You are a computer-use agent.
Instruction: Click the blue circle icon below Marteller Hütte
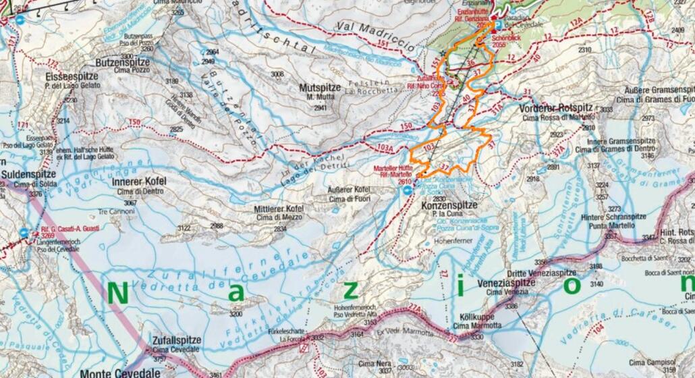point(407,191)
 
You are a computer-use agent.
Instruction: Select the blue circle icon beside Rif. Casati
point(24,233)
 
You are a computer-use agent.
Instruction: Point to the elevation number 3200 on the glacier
point(235,314)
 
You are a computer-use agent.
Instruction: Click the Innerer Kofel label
point(139,182)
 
